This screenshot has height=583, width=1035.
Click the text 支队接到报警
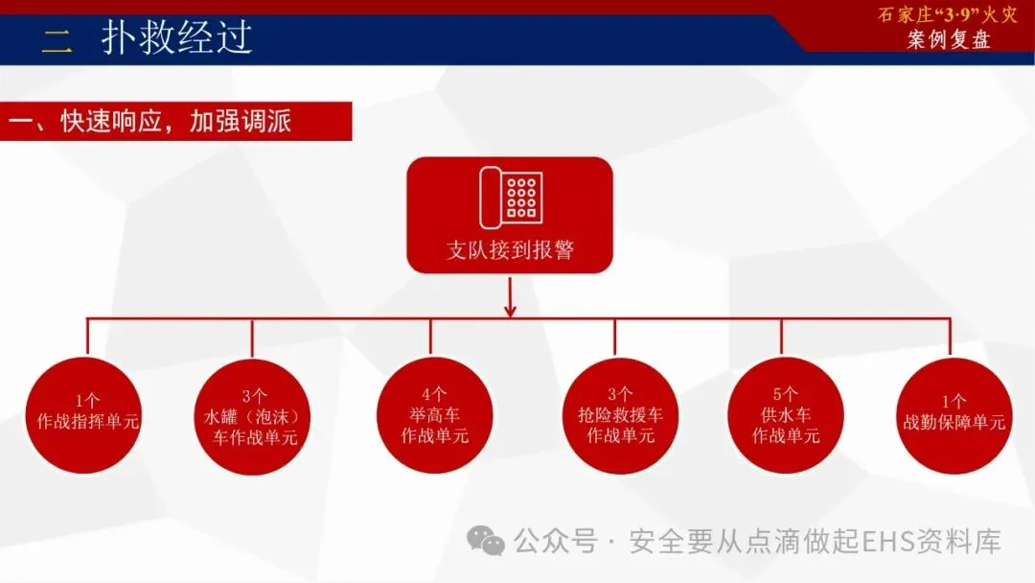click(x=510, y=251)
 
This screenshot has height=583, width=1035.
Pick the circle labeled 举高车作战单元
click(x=434, y=415)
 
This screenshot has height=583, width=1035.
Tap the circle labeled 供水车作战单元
click(x=786, y=415)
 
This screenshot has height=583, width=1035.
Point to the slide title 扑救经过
click(x=177, y=37)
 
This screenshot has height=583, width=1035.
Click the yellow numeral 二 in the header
click(x=57, y=40)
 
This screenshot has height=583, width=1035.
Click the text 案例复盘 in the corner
click(x=949, y=40)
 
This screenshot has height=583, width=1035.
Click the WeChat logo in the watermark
click(x=487, y=542)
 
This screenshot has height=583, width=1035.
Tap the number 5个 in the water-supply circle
click(x=786, y=393)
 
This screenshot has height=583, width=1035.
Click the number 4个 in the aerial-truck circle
click(x=434, y=393)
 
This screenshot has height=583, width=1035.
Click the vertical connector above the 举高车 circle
click(x=430, y=338)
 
